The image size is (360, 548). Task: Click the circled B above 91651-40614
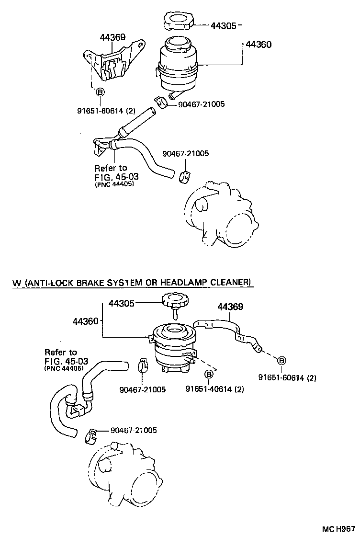pyautogui.click(x=209, y=374)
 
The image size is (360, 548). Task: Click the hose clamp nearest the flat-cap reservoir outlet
pyautogui.click(x=162, y=102)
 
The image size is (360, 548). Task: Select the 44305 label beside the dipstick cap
pyautogui.click(x=122, y=303)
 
